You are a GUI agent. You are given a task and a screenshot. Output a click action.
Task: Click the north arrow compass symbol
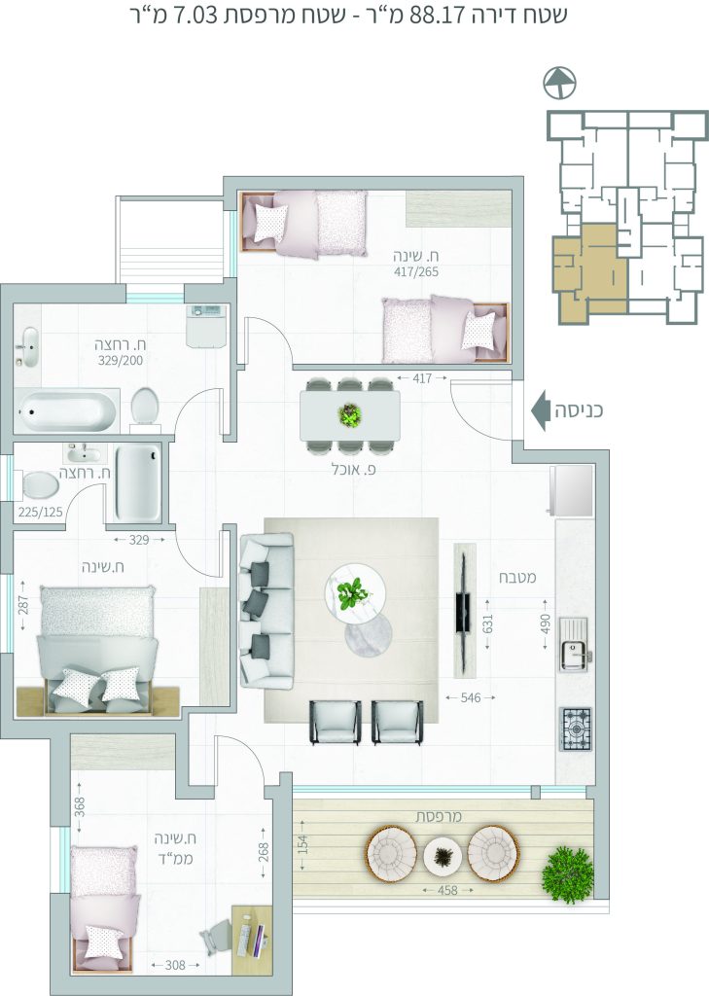559,83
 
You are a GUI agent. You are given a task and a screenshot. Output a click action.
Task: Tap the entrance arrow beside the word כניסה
540,410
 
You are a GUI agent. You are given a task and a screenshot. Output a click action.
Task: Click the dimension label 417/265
415,272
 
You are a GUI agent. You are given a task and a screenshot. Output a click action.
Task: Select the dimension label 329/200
121,360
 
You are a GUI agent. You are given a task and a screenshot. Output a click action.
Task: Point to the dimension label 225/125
41,512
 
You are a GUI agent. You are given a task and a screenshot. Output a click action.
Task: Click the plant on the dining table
349,415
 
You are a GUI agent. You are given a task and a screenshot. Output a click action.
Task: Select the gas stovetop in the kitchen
576,729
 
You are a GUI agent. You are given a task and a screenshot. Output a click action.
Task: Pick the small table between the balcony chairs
443,857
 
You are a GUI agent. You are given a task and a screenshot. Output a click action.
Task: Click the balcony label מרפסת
439,816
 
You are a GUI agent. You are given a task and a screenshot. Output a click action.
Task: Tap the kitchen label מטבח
517,577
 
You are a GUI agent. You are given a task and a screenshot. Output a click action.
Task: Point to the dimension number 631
487,623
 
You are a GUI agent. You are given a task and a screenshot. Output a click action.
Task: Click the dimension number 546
470,697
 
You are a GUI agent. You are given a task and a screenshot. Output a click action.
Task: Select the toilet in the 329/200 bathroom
145,408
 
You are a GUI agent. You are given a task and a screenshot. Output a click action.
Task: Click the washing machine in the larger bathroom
207,326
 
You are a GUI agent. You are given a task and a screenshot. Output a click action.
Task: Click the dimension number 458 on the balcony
447,890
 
